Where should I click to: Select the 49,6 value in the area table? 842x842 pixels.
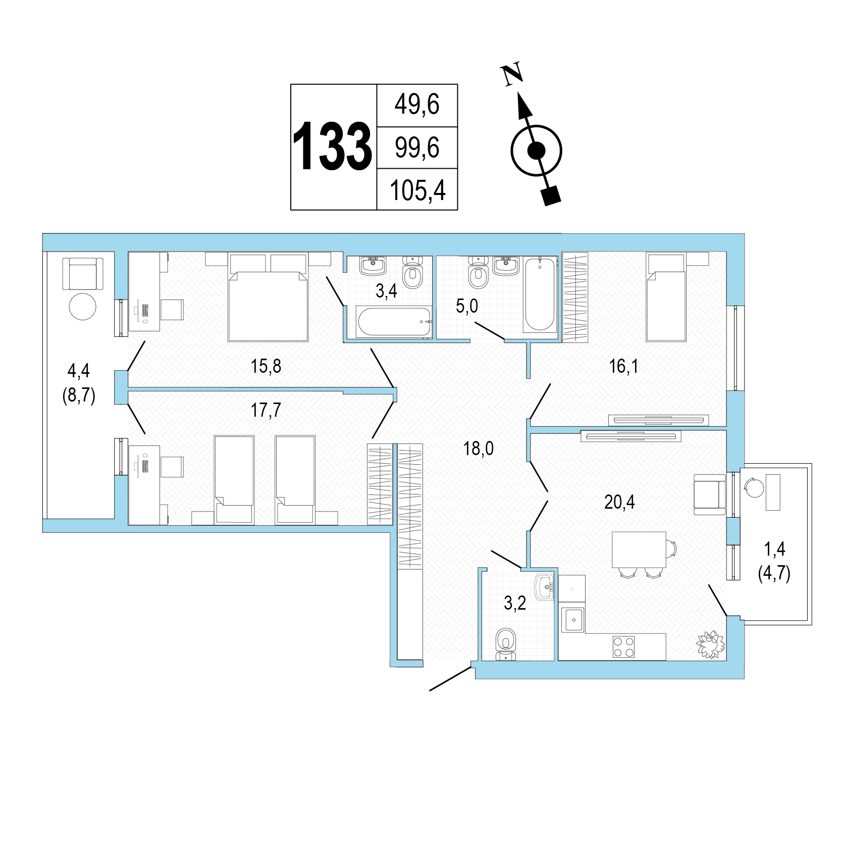(417, 106)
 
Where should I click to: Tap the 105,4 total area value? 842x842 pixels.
(417, 191)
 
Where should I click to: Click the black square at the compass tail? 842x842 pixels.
(551, 195)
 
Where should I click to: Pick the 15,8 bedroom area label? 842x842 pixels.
(266, 366)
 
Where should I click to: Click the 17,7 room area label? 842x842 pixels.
(266, 411)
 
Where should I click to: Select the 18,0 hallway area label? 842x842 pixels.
(479, 448)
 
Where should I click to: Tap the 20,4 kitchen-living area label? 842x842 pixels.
(619, 502)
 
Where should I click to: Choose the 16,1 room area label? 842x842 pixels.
(623, 366)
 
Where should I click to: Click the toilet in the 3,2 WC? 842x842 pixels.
(506, 643)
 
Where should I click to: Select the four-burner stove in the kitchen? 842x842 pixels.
(623, 647)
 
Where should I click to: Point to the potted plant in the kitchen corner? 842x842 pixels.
(711, 644)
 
